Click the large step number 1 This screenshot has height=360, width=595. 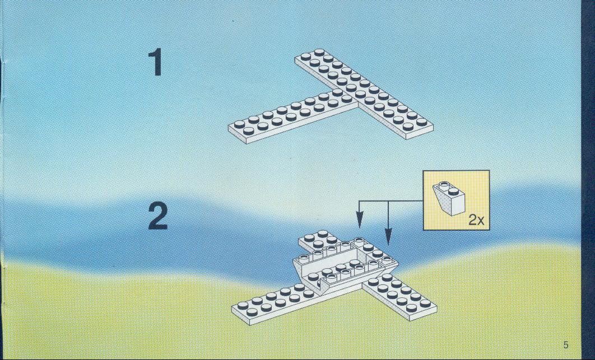coord(155,62)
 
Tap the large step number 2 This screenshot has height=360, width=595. coord(158,216)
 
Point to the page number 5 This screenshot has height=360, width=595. coord(566,345)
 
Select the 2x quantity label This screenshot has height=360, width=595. coord(477,219)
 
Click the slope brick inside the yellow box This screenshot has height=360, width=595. coord(449,198)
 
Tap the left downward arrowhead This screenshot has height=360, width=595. coord(359,222)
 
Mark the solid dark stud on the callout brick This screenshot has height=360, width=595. coord(453,191)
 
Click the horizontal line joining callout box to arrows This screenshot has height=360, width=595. coord(391,200)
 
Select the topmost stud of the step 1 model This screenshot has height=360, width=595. coord(319,53)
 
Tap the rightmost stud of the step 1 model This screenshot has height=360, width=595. coord(422,121)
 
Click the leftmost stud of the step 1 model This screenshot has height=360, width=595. coord(239,124)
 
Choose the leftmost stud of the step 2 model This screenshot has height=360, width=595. coord(243,305)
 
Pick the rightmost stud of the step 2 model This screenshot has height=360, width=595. coord(425,303)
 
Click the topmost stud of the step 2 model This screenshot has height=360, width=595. coord(323,233)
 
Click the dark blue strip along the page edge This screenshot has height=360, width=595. coord(588,180)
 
